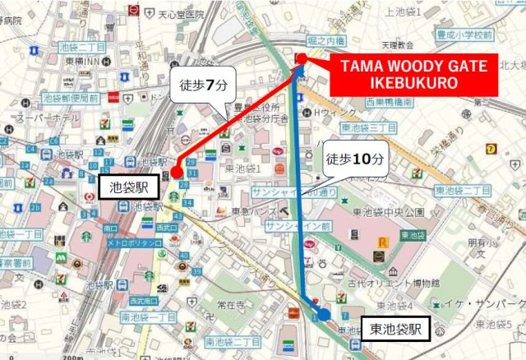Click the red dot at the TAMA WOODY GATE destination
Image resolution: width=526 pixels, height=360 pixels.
pyautogui.click(x=301, y=58)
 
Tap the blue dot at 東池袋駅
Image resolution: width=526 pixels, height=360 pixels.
pyautogui.click(x=324, y=314)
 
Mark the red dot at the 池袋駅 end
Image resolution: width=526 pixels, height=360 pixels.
pyautogui.click(x=176, y=173)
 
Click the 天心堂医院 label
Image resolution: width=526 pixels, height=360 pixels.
pyautogui.click(x=181, y=14)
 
